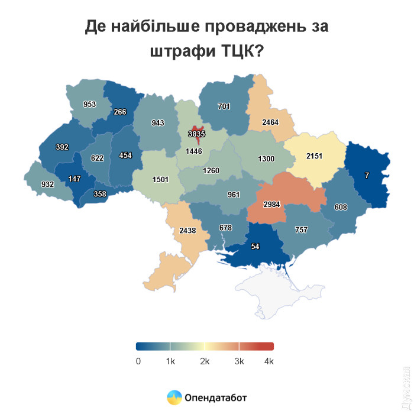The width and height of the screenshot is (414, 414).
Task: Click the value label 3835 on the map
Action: pos(196,134)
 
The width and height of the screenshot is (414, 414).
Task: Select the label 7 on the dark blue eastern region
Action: pos(367,176)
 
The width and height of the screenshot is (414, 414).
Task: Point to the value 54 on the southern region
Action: pos(256,245)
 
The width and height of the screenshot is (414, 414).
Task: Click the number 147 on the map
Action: pos(75,178)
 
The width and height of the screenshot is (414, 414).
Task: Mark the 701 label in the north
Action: pos(224,106)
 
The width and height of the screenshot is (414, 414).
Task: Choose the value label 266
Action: pos(120,112)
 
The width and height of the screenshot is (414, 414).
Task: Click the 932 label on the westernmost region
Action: pos(48,184)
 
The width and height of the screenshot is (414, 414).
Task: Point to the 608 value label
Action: pos(342,208)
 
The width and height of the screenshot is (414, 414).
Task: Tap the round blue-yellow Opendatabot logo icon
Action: pos(174,397)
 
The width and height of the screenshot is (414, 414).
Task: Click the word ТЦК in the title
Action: pos(229,51)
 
